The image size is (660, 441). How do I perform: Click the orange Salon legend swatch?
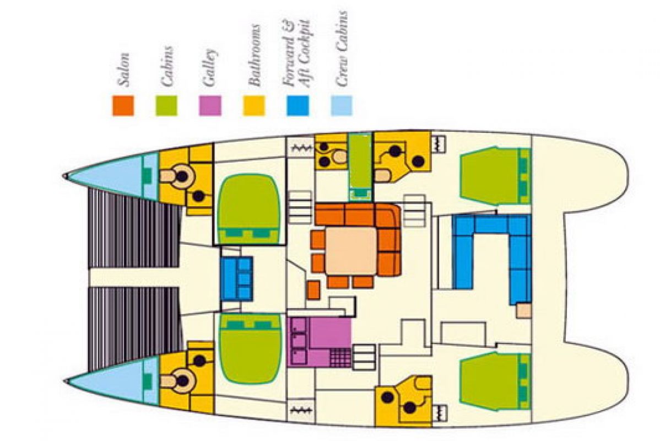point(123,105)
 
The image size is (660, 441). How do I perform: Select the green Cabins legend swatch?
point(166,105)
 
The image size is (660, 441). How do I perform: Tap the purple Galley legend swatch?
point(209,105)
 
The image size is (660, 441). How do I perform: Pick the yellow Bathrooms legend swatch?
point(254,105)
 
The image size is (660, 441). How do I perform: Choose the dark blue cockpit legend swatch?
point(297,105)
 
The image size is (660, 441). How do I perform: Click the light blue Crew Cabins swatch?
point(342,105)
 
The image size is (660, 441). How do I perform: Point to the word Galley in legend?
point(210,68)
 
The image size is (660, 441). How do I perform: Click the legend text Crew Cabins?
point(342,49)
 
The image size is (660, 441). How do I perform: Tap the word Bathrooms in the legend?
point(254,55)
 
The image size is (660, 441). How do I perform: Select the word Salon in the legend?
point(123,69)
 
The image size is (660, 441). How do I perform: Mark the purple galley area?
point(319,342)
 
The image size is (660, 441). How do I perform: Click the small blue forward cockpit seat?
point(236,278)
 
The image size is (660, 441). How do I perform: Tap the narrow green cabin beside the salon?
point(360,166)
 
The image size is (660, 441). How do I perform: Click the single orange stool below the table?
point(313,290)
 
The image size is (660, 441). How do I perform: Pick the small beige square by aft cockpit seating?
point(523,310)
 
